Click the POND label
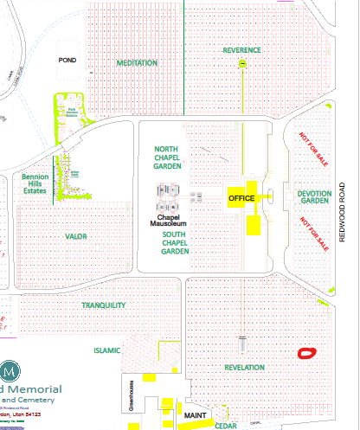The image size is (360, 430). click(x=67, y=61)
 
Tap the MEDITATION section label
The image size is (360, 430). click(x=137, y=63)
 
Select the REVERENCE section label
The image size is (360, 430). click(x=241, y=50)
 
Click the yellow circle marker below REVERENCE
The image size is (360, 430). click(x=243, y=65)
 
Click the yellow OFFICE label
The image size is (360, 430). click(x=241, y=198)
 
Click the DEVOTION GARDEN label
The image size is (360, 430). click(x=314, y=197)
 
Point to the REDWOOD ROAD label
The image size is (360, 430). click(x=343, y=212)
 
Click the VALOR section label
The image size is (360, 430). click(x=77, y=236)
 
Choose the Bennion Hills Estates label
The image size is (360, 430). click(x=35, y=183)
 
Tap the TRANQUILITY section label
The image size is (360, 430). click(x=104, y=305)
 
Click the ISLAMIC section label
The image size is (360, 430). click(x=107, y=350)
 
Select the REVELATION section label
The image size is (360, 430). click(x=244, y=368)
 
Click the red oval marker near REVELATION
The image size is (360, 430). click(x=305, y=353)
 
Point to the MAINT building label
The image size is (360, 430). click(x=194, y=416)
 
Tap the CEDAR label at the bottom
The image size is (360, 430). click(x=226, y=426)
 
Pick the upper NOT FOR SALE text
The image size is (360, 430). click(x=312, y=148)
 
